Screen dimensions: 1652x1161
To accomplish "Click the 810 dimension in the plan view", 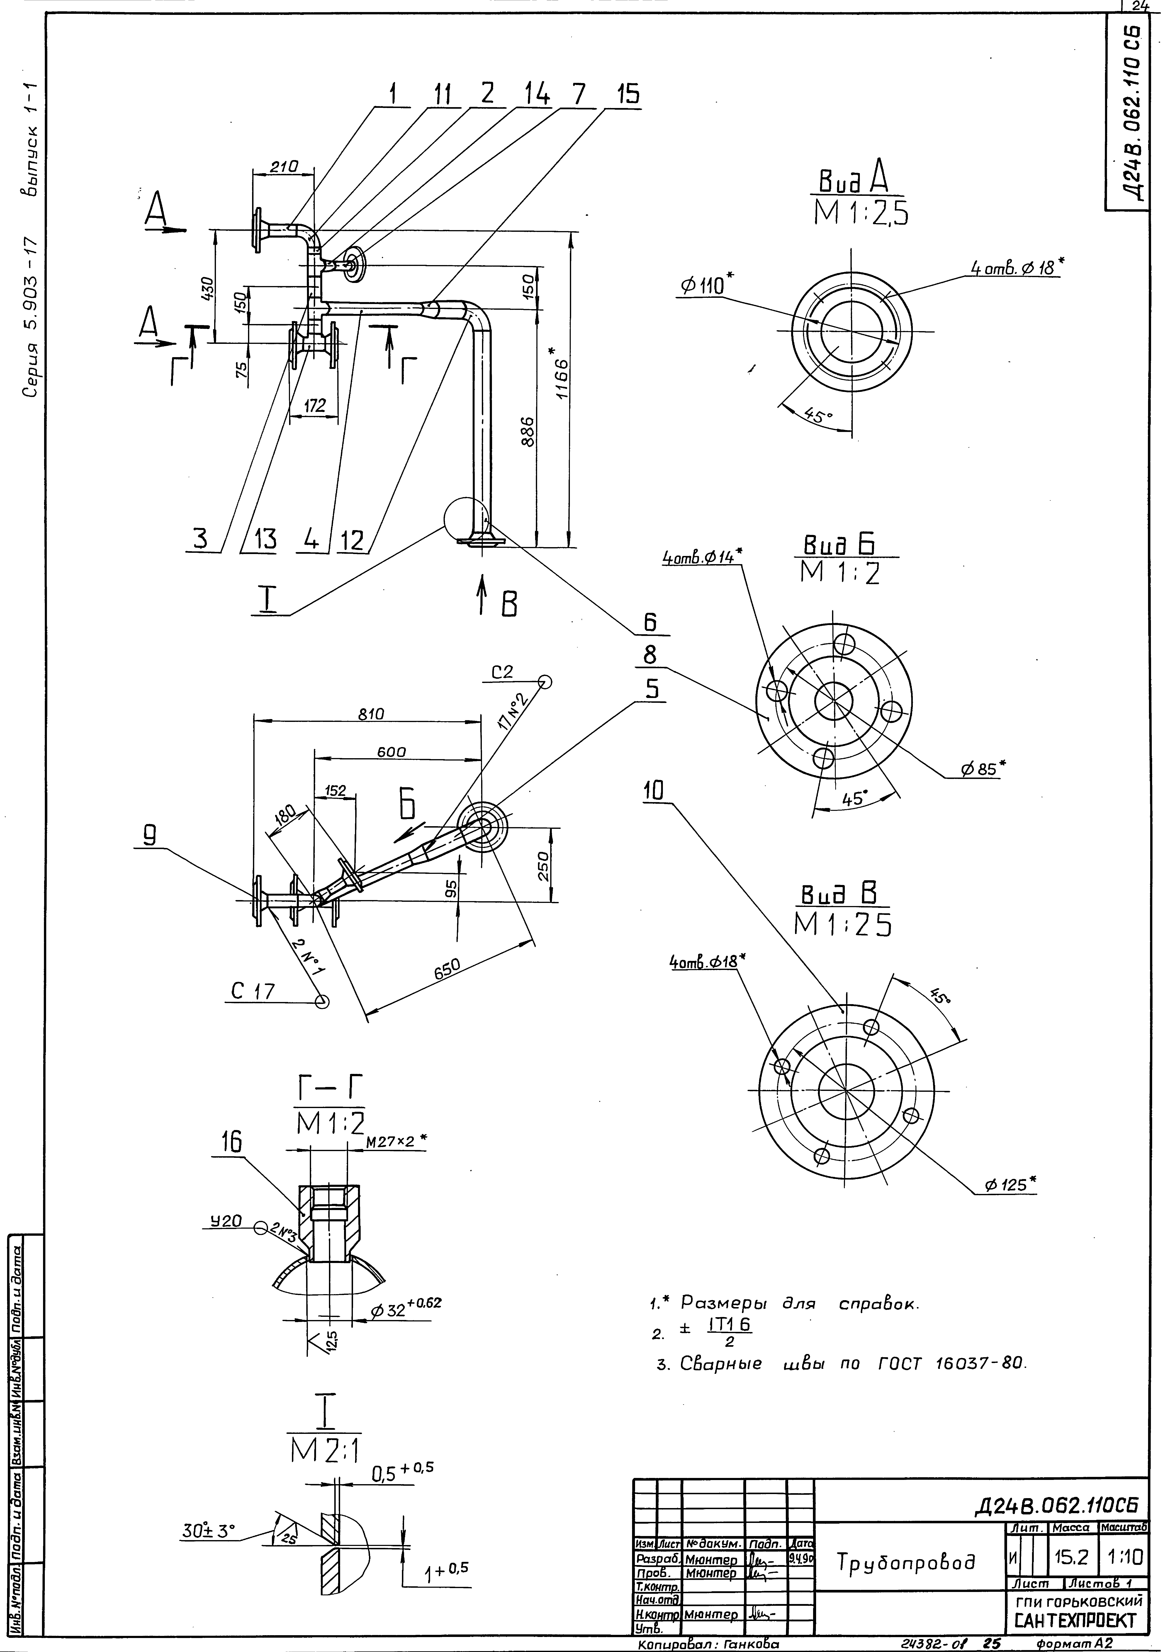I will coord(371,714).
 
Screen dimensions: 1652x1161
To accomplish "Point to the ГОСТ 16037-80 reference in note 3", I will coord(950,1364).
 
